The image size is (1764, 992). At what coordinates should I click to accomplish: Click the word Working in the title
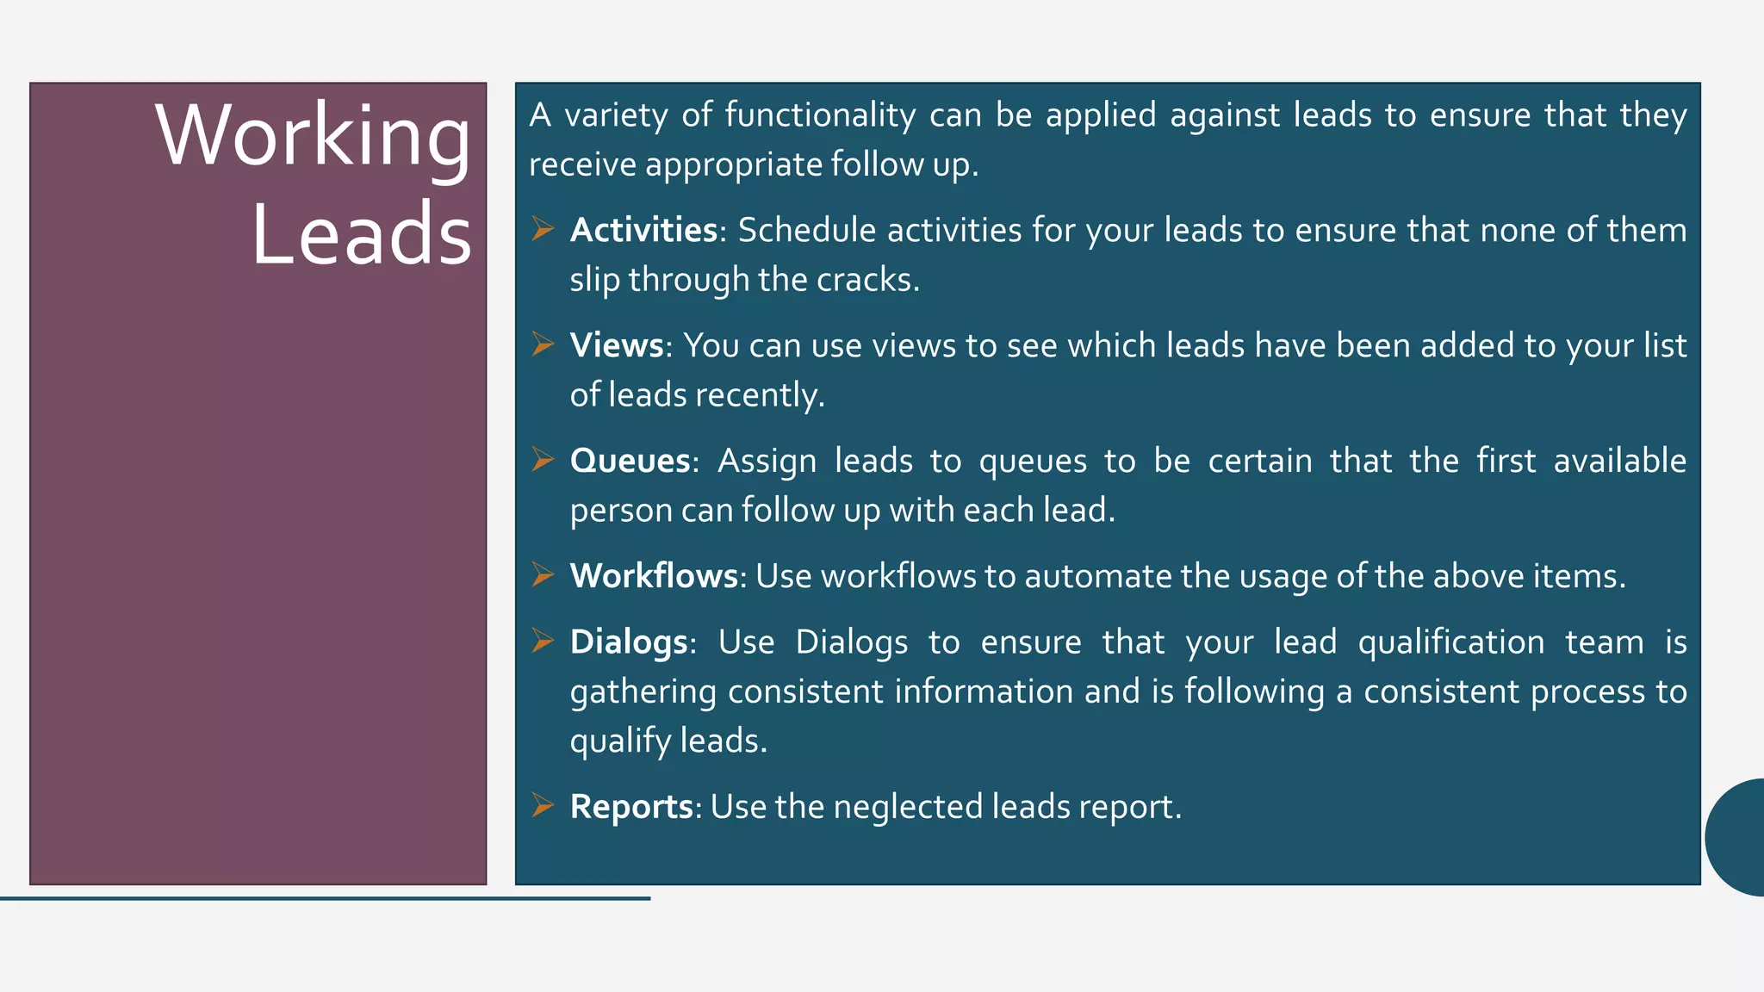313,136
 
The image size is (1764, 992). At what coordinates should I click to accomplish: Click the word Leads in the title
361,234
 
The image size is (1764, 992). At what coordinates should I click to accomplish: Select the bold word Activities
643,230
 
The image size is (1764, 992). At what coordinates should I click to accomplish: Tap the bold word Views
616,345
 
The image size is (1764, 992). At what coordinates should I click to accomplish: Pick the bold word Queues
630,461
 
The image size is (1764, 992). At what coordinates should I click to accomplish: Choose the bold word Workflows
654,576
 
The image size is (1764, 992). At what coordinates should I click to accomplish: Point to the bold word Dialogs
629,642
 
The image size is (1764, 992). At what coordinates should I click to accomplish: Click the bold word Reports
631,807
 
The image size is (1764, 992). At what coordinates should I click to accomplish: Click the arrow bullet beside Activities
542,229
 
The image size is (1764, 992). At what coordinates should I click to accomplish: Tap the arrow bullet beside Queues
542,460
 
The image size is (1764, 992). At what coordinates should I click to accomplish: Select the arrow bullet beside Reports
542,806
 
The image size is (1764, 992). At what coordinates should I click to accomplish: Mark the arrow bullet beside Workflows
542,575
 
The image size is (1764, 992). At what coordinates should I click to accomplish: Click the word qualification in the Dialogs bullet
1450,642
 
